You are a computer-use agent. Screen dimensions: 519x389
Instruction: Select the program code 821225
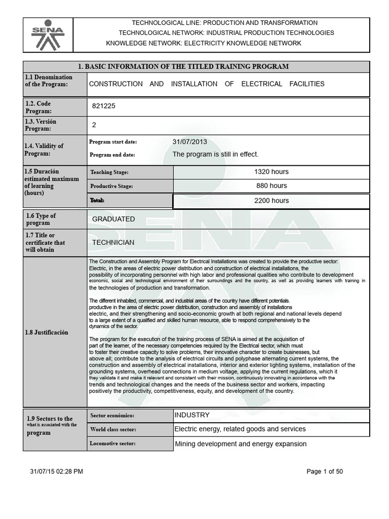107,107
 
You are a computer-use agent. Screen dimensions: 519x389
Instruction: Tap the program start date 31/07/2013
189,142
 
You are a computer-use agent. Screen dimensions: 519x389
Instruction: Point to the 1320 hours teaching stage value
271,172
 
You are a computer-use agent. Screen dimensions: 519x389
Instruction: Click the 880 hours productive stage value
271,186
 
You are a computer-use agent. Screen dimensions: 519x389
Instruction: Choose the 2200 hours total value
271,201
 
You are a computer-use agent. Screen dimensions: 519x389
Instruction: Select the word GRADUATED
113,219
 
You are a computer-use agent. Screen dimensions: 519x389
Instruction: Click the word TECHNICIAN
113,242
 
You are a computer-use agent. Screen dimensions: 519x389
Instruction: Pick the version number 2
94,125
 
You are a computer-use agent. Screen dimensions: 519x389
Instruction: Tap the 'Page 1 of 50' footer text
325,471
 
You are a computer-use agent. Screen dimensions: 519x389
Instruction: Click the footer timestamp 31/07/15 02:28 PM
57,471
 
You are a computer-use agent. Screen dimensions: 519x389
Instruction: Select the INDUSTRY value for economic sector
192,415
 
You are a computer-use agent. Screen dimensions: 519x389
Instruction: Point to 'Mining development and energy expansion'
241,444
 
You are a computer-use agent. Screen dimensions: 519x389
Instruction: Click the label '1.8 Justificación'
47,332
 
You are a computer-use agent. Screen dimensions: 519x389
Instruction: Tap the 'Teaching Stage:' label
109,172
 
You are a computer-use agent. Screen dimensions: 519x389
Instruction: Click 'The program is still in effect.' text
215,155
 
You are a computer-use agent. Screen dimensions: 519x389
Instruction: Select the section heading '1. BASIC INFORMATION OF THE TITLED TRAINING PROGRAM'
183,66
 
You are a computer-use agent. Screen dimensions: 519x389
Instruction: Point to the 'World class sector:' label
113,430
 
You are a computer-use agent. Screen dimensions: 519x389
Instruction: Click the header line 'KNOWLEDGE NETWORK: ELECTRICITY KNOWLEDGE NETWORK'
204,43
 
